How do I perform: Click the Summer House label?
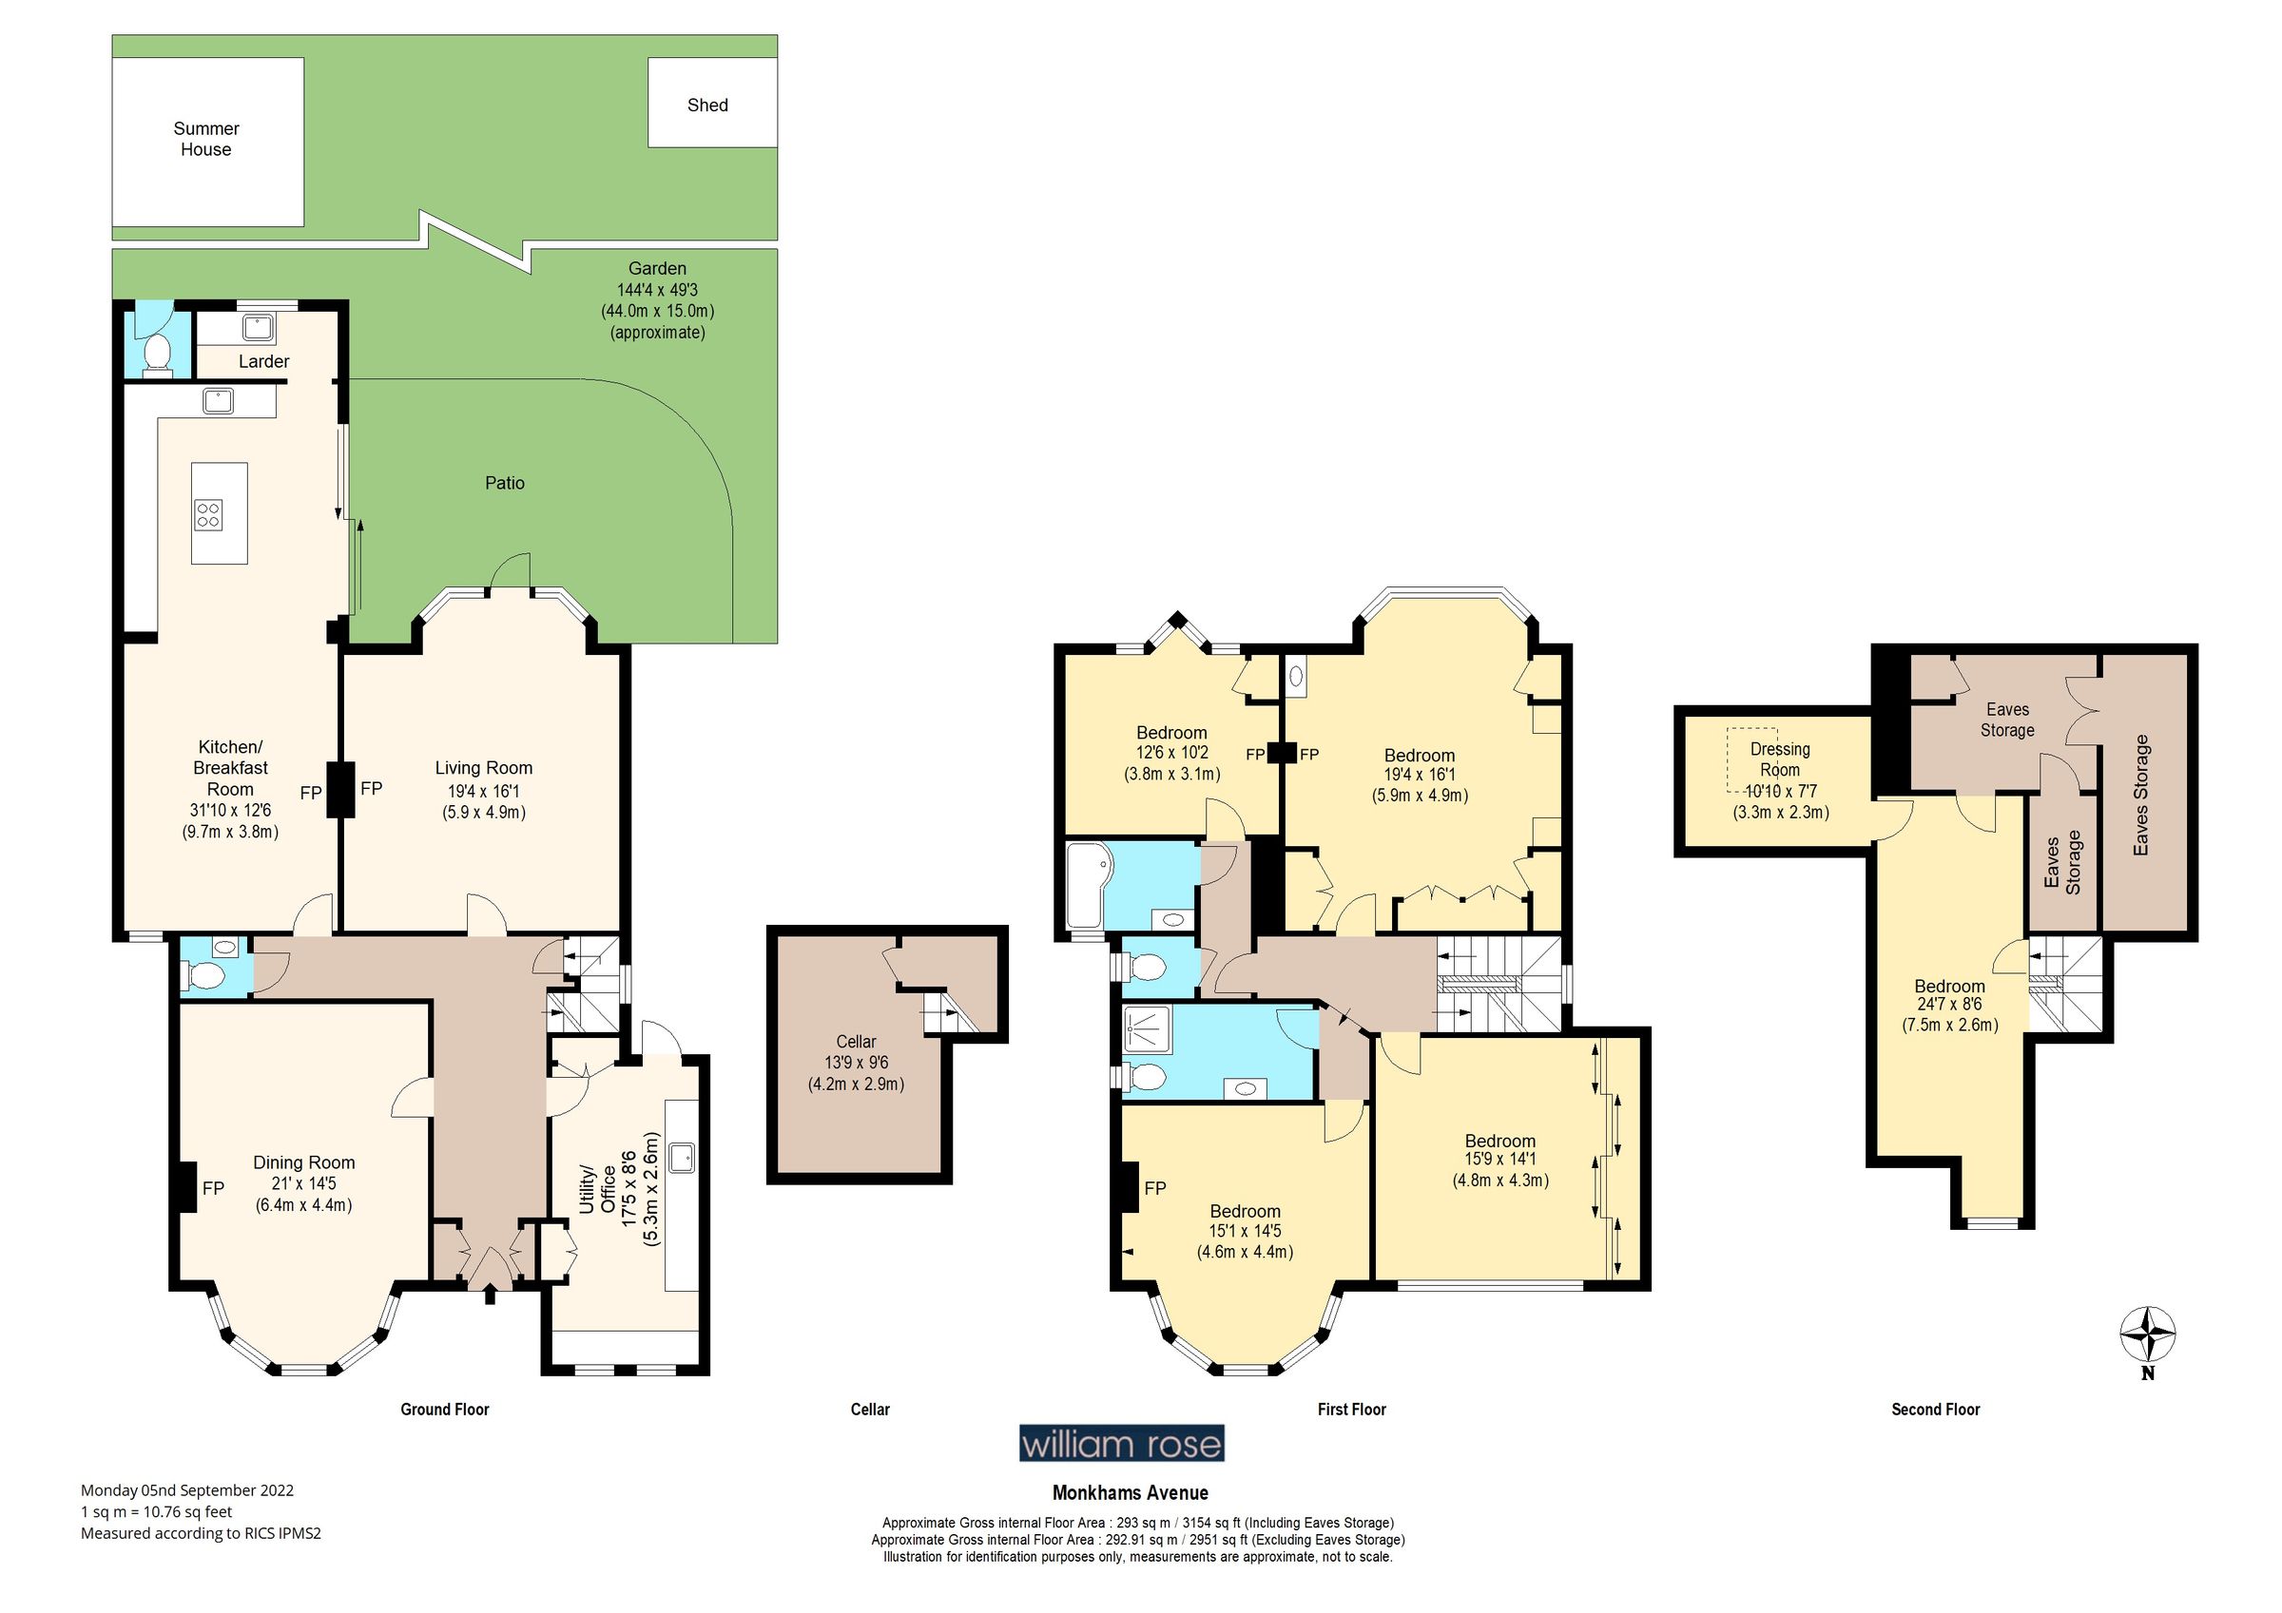[x=205, y=139]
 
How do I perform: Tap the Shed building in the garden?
[x=710, y=104]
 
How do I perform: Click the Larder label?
[x=263, y=362]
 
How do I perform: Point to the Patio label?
[x=504, y=483]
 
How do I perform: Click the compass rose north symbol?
[x=2147, y=1336]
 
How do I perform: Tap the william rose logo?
[x=1121, y=1443]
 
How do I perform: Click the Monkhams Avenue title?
[x=1131, y=1492]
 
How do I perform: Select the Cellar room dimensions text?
[x=856, y=1073]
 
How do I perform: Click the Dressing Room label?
[x=1779, y=759]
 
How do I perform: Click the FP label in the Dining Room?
[x=213, y=1189]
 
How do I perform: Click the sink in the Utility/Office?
[x=682, y=1157]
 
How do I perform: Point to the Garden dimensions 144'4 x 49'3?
[x=657, y=290]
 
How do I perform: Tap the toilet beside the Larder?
[x=157, y=354]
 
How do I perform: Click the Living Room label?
[x=483, y=768]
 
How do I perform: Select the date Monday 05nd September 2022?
[x=187, y=1489]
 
